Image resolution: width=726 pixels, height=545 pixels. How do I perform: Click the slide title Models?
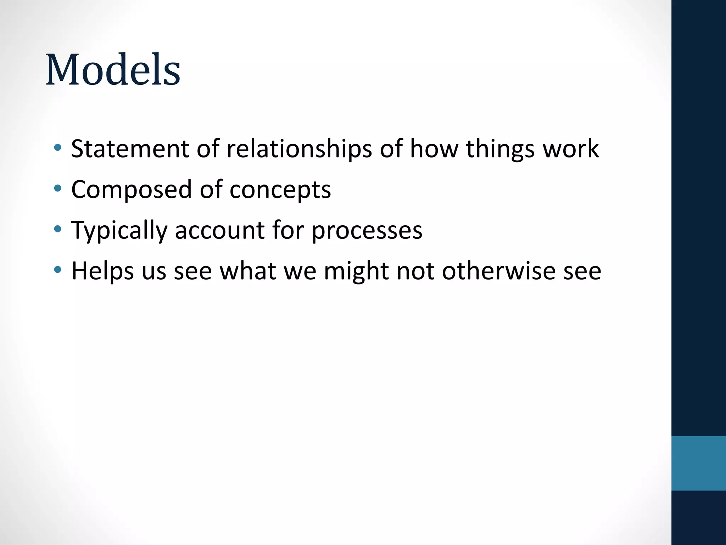point(113,70)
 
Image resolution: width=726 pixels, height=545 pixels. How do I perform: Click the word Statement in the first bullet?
point(130,149)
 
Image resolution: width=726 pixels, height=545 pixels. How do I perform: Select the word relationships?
point(299,149)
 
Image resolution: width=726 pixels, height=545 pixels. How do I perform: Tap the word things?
point(500,149)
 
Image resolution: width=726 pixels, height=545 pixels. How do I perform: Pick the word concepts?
point(280,189)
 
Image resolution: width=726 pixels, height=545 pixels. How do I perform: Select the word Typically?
point(119,230)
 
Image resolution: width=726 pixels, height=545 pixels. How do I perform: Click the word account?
point(220,230)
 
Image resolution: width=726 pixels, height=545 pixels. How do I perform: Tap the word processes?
point(367,230)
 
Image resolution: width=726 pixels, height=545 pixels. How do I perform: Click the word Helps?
point(102,271)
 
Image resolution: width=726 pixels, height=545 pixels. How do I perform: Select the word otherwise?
point(498,271)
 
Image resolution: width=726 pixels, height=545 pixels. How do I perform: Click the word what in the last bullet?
point(248,271)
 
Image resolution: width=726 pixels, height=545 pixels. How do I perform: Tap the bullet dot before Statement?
point(57,148)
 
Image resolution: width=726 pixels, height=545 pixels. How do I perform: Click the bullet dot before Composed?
point(57,188)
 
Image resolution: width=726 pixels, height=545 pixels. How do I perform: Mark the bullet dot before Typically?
point(57,229)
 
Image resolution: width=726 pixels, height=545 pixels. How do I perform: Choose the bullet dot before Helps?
point(57,270)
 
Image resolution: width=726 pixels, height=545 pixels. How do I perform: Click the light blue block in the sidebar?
point(698,463)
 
